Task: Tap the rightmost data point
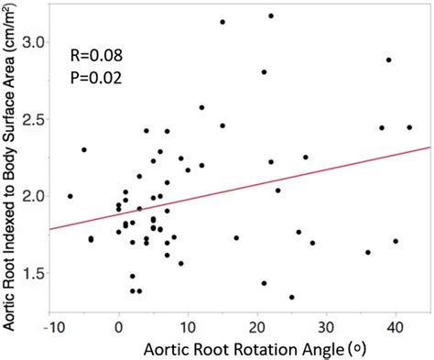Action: coord(409,127)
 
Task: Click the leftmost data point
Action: coord(71,196)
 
